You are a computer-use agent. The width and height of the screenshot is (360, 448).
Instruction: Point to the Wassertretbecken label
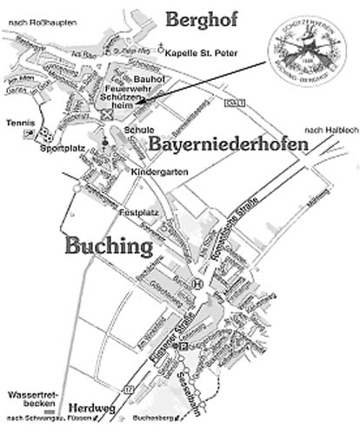tap(28, 401)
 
